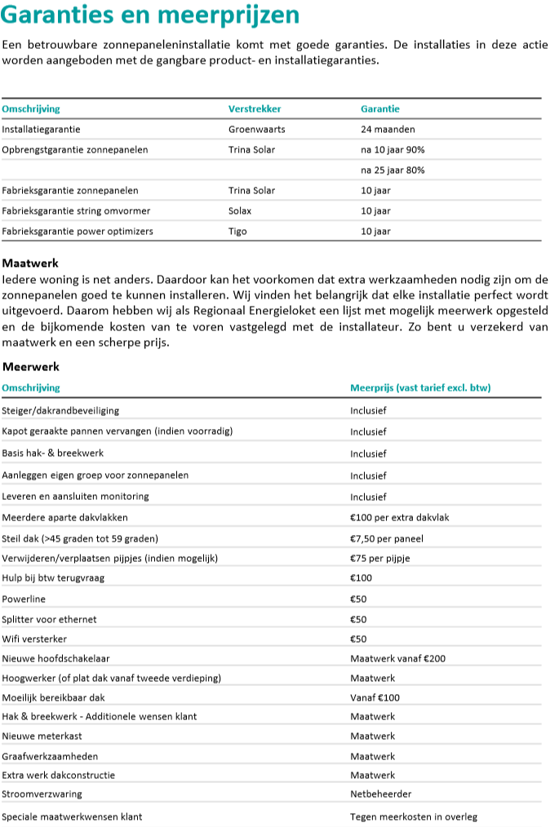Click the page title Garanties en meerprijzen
point(151,15)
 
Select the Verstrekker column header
point(253,108)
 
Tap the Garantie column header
point(380,108)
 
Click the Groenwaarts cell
point(256,129)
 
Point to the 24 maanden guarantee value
point(388,129)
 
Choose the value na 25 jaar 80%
point(393,170)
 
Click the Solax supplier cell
point(241,210)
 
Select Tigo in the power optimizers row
point(237,231)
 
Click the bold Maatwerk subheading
point(30,263)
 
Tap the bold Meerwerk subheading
point(30,367)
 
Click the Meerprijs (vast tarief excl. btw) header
point(420,387)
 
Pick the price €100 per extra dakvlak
point(400,517)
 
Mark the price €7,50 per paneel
point(387,538)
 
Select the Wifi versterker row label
point(34,639)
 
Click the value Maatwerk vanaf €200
point(397,658)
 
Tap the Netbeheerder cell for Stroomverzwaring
point(381,794)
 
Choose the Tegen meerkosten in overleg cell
point(414,816)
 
